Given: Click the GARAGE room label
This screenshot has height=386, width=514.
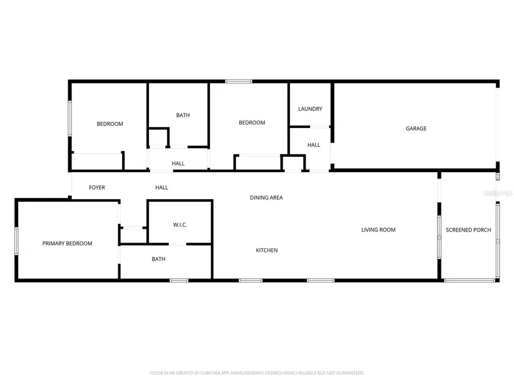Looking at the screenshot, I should click(x=416, y=129).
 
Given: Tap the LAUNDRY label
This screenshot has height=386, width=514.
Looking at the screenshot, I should click(x=310, y=109).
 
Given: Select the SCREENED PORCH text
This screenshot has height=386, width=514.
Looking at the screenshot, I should click(x=468, y=230).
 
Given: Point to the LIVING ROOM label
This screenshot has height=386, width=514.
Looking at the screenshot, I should click(x=378, y=230).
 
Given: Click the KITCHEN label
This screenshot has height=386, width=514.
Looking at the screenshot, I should click(x=267, y=250).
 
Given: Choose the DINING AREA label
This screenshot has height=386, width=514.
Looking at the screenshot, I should click(x=266, y=198).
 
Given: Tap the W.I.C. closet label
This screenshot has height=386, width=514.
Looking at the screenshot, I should click(x=180, y=225).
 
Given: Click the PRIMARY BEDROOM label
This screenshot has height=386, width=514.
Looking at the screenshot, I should click(x=67, y=244).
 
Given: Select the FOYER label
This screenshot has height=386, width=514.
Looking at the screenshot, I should click(x=97, y=188).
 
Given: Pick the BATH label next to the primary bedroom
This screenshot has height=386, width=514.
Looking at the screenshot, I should click(x=158, y=259).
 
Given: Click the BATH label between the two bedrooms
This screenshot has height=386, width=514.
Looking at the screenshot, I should click(x=183, y=116).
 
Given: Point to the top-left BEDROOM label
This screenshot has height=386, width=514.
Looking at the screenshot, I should click(x=110, y=124).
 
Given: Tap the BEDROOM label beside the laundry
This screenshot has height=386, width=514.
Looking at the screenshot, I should click(x=251, y=123).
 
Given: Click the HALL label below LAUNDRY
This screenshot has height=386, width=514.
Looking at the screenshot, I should click(x=314, y=145).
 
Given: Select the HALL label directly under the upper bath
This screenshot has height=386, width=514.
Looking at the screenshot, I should click(x=178, y=164).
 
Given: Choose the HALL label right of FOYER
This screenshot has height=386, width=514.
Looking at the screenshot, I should click(x=162, y=188).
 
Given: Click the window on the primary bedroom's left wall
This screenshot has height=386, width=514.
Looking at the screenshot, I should click(x=17, y=241).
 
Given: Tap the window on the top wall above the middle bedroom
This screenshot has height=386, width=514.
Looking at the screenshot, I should click(x=238, y=81).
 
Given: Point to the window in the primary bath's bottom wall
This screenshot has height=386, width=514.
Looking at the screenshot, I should click(x=179, y=280).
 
